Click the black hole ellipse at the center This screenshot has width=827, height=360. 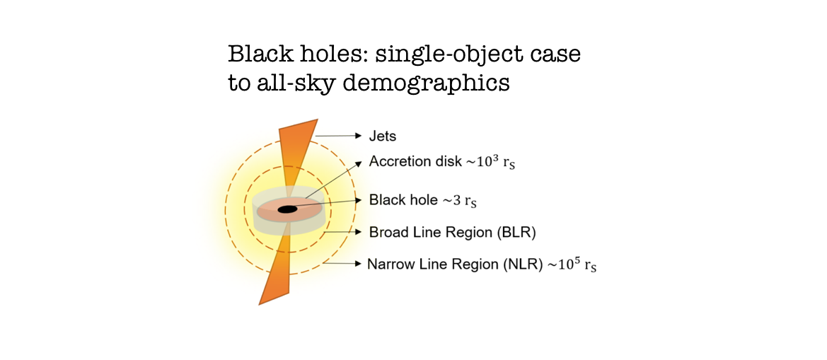coord(287,209)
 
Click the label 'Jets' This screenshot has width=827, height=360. coord(382,135)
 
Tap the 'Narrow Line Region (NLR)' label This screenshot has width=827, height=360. coord(453,265)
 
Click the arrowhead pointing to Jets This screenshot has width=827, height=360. coord(358,134)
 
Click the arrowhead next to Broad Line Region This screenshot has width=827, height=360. coord(358,231)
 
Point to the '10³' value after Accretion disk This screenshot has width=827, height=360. coord(498,161)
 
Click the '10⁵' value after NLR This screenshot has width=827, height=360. coord(568,265)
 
